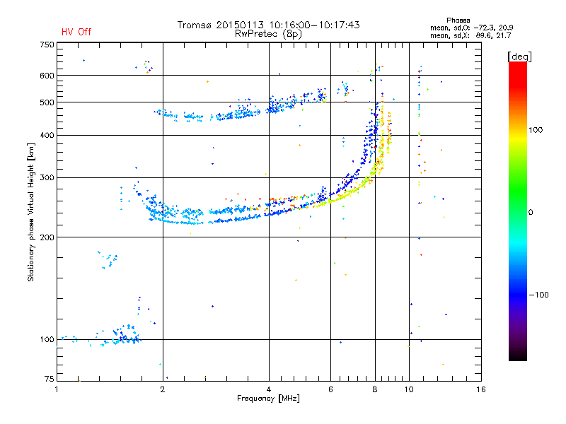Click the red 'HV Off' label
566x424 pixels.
[x=76, y=32]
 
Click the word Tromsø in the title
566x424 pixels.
[x=196, y=25]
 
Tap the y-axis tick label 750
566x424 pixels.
[x=47, y=45]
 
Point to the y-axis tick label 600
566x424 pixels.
[x=47, y=76]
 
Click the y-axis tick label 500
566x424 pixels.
[x=47, y=102]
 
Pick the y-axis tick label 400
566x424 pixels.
[x=47, y=135]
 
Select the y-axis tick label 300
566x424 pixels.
[x=47, y=177]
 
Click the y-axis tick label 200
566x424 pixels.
[x=47, y=237]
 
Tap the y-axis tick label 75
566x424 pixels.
[x=49, y=379]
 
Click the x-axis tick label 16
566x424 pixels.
[x=480, y=389]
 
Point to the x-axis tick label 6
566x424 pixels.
[x=330, y=389]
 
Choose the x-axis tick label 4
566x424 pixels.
[x=269, y=389]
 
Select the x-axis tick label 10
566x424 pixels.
[x=408, y=389]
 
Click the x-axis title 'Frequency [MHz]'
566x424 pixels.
[x=269, y=399]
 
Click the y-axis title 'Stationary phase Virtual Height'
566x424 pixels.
[x=31, y=212]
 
